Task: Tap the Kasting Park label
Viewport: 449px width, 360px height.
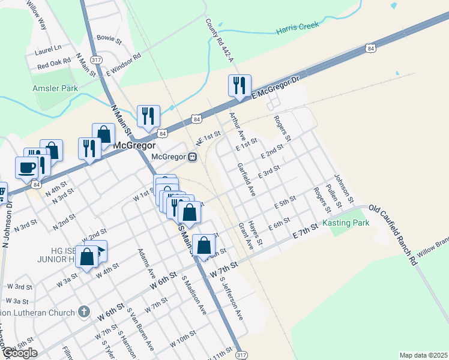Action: click(345, 223)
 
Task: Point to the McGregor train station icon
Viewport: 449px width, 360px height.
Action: click(193, 157)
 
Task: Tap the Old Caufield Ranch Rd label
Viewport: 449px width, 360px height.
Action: click(392, 235)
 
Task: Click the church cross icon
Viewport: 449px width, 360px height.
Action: click(83, 312)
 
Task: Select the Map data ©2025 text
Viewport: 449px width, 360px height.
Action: click(423, 355)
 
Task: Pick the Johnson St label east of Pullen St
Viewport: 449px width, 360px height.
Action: click(345, 188)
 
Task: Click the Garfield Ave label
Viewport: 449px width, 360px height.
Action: click(247, 179)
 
